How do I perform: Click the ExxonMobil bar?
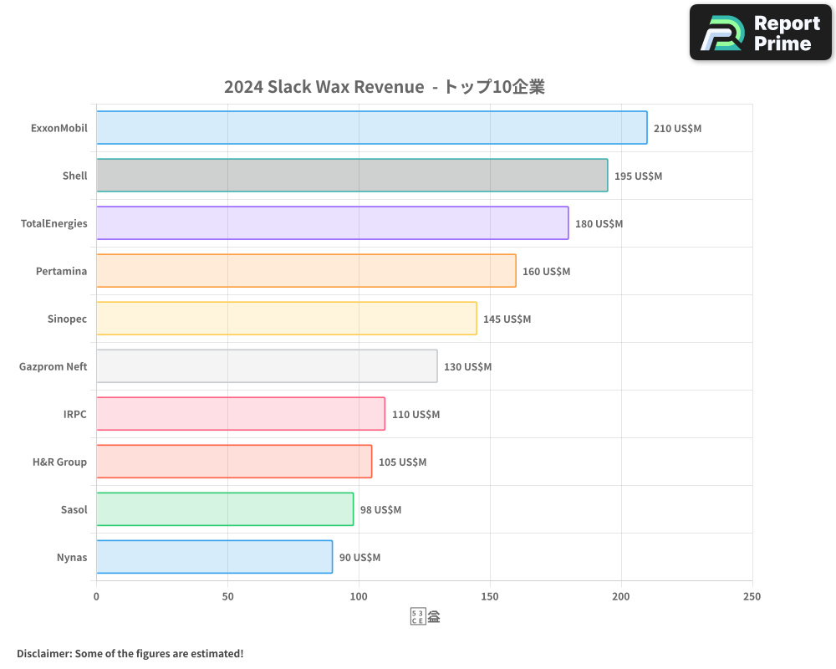(371, 128)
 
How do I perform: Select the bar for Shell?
(352, 176)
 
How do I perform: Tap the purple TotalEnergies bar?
(332, 223)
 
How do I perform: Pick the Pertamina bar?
(306, 271)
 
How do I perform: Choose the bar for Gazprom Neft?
(267, 366)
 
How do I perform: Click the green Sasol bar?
(225, 509)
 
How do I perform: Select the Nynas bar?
(214, 557)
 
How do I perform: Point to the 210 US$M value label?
(677, 129)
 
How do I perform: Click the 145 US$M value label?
(507, 319)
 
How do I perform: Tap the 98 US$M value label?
(380, 510)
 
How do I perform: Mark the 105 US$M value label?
(402, 462)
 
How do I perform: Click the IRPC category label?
(74, 414)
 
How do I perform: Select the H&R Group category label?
(59, 462)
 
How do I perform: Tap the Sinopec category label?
(67, 319)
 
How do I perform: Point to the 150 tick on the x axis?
(490, 596)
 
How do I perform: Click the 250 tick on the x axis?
(752, 596)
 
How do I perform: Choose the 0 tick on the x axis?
(96, 596)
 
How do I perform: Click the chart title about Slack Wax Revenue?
(385, 87)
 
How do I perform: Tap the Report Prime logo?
(760, 33)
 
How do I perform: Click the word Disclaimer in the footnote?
(43, 653)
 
